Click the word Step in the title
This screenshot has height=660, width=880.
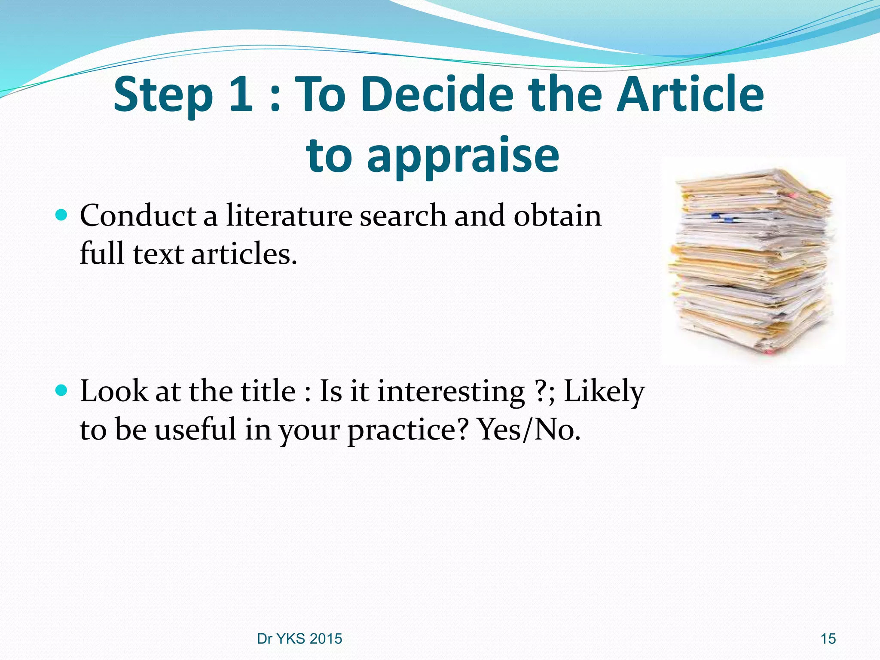pos(163,95)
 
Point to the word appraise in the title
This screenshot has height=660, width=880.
pos(463,157)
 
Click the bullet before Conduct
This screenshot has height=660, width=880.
pos(62,214)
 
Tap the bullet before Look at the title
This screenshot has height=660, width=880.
pos(62,390)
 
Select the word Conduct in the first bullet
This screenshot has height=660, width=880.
pos(138,215)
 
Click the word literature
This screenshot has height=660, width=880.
pos(289,215)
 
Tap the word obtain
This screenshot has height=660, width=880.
pos(557,215)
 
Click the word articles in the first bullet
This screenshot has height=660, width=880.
pos(244,254)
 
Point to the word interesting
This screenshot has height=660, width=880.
pos(451,392)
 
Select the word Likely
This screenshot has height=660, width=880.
pos(604,392)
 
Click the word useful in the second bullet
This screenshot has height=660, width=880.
pos(196,429)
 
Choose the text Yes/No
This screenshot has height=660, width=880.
pos(529,429)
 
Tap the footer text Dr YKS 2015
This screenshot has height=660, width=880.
pos(299,639)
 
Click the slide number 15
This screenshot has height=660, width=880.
pos(828,639)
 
